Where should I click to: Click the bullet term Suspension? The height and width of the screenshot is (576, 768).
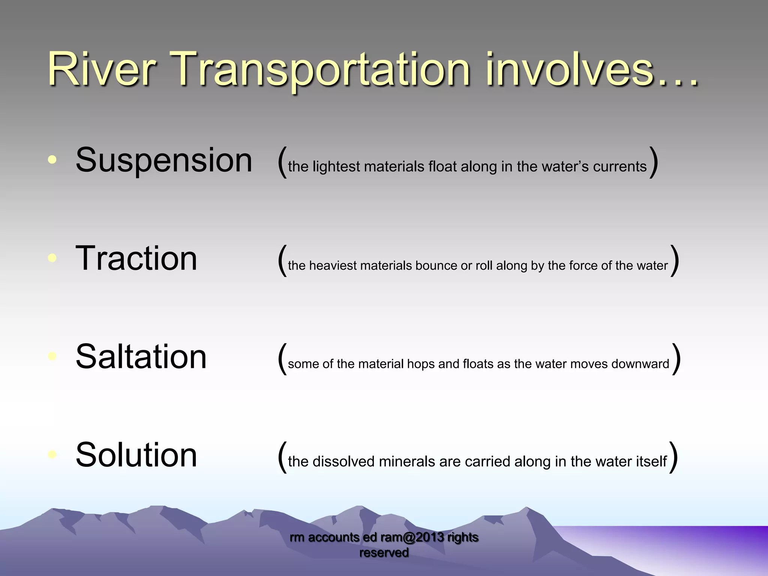point(164,160)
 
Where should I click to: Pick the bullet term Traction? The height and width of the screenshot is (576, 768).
point(136,258)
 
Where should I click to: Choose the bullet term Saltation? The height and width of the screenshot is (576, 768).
point(141,357)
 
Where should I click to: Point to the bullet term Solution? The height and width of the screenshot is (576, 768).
point(136,455)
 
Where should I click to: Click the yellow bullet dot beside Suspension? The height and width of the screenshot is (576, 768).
point(52,160)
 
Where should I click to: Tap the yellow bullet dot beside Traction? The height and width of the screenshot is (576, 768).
point(52,258)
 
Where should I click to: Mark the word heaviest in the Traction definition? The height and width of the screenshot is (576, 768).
point(333,265)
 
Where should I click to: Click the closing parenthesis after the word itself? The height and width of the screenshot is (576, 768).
point(673,457)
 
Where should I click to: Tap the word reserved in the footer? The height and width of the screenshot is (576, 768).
point(384,553)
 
